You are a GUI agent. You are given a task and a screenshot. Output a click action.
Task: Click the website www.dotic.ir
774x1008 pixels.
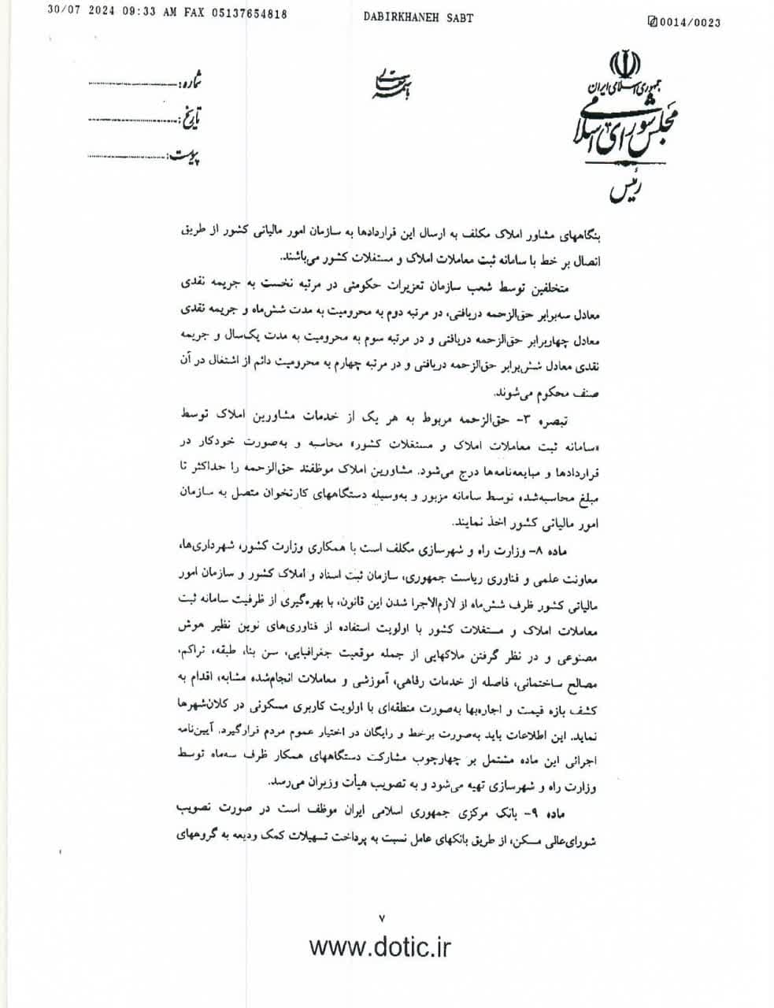tap(380, 946)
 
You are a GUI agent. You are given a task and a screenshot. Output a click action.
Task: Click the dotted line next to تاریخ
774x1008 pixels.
tap(135, 120)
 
